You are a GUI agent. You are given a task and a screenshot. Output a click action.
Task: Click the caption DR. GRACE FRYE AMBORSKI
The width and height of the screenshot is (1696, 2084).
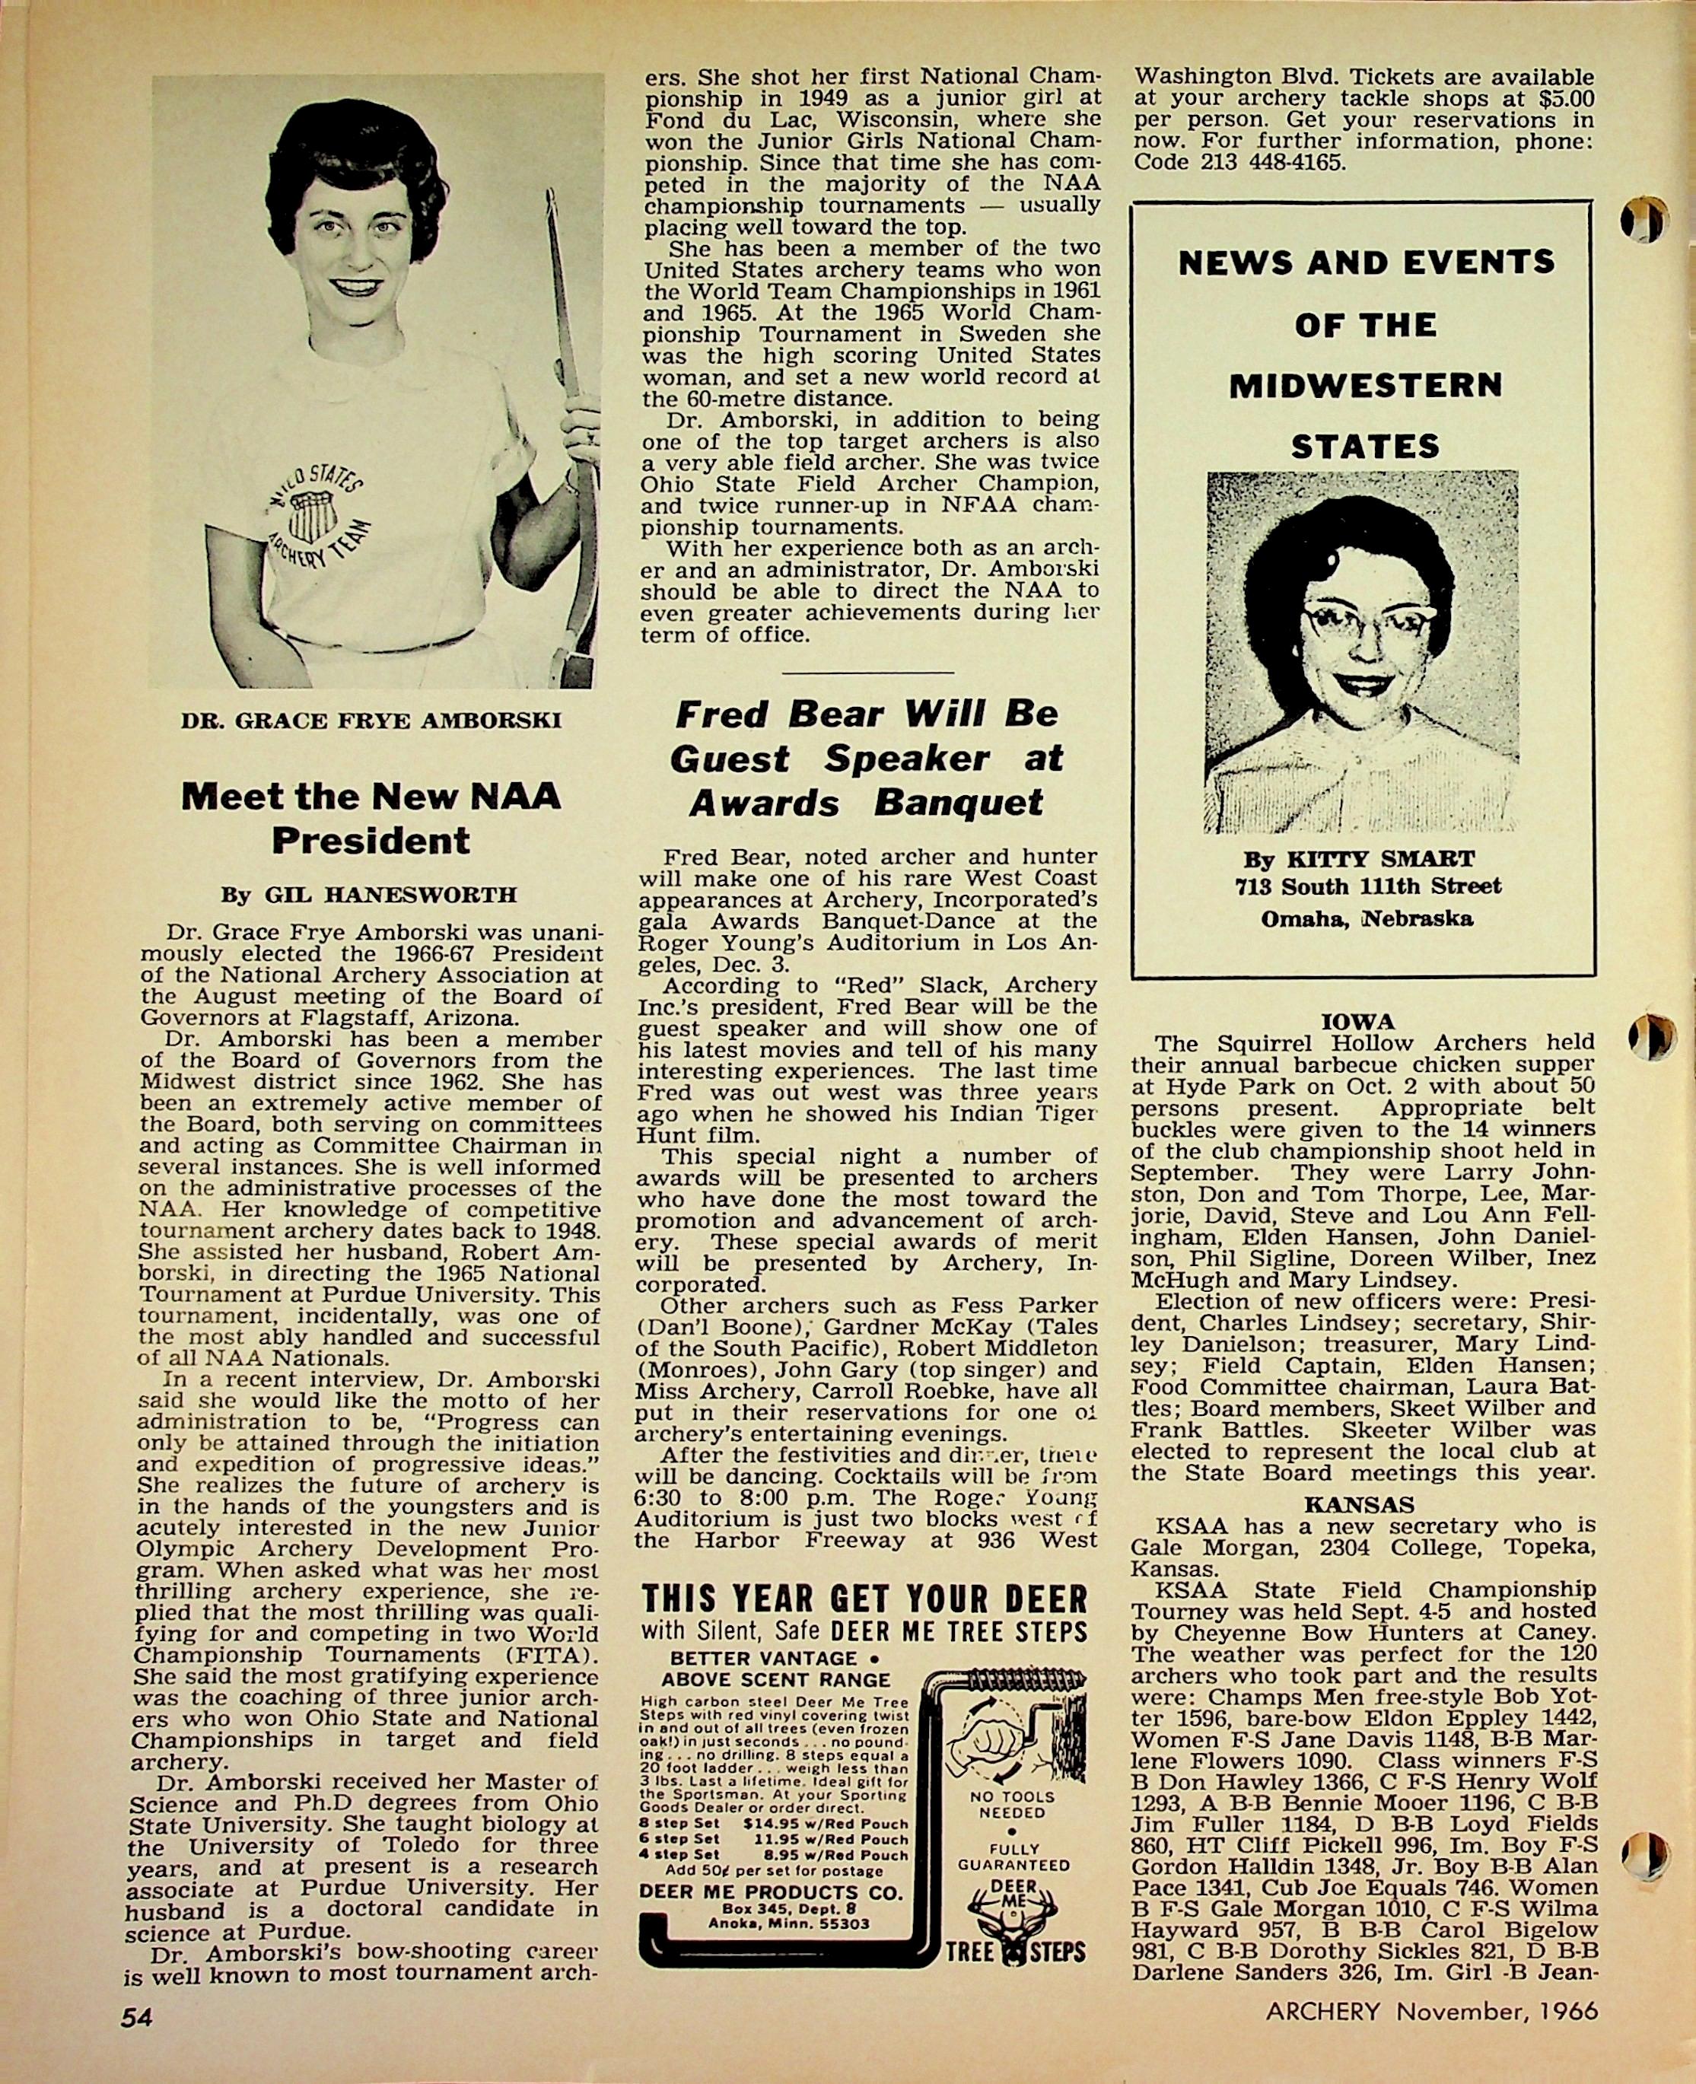371,721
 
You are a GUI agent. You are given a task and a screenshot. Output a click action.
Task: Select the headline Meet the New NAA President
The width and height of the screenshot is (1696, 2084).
371,818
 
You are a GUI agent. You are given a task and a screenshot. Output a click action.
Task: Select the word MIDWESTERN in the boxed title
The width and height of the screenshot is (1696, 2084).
1365,385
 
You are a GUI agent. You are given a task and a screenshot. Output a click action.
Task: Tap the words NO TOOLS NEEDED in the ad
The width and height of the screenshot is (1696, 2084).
1011,1803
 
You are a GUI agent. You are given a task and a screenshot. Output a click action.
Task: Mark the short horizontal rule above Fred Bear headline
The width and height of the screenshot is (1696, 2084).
867,672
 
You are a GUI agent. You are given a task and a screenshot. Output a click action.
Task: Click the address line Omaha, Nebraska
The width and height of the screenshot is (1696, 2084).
1365,918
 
